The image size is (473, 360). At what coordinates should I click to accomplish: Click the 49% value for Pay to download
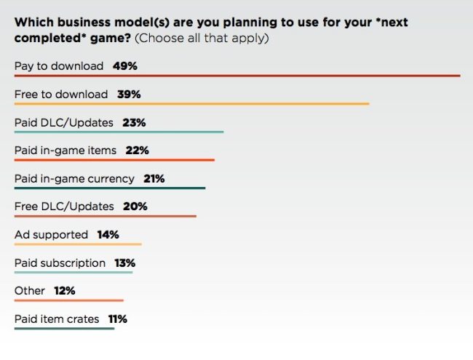coord(125,66)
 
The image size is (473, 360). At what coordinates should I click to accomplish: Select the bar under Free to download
coord(192,104)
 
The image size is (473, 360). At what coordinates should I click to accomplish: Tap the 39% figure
coord(129,95)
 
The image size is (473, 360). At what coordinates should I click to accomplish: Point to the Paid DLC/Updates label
coord(64,123)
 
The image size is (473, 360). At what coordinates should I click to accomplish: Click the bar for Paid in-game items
coord(115,160)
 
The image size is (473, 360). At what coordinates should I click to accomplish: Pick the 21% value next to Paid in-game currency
coord(154,179)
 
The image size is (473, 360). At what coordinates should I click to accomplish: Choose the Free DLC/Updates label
coord(64,207)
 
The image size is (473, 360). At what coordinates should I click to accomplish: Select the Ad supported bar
coord(78,244)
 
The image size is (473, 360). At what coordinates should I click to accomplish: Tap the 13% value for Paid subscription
coord(125,263)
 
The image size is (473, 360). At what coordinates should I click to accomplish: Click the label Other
coord(30,291)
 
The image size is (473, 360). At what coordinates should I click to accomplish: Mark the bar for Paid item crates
coord(65,328)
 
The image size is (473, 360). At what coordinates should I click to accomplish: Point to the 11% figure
coord(118,319)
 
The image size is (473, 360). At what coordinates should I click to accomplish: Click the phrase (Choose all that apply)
coord(202,39)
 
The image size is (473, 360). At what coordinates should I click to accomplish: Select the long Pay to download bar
coord(237,76)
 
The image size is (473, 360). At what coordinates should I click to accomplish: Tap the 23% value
coord(134,123)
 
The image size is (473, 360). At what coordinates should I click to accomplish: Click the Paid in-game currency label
coord(74,179)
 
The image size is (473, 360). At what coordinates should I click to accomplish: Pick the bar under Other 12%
coord(69,300)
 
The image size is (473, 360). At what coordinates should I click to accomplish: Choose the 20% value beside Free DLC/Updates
coord(135,207)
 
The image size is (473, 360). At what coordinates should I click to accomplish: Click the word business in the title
coord(84,23)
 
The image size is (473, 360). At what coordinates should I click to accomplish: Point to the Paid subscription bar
coord(73,272)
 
